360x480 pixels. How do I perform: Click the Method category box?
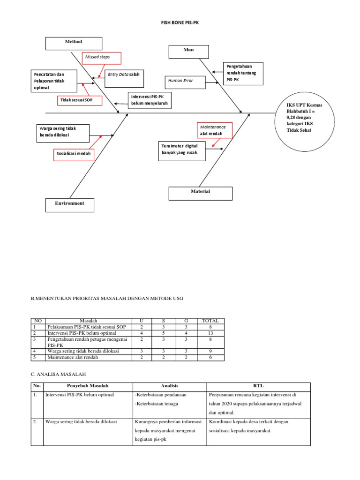tap(74, 43)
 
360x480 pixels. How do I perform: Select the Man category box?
tap(189, 51)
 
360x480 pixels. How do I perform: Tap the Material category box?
tap(200, 193)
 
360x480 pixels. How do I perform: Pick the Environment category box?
tap(70, 205)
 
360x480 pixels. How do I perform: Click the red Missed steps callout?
tap(101, 58)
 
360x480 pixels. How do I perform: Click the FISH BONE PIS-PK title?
tap(180, 22)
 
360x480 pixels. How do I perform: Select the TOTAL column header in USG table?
tap(210, 321)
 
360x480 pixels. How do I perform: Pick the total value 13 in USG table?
tap(210, 333)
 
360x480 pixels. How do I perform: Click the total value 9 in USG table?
tap(210, 351)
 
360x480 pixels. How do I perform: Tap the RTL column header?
tap(258, 386)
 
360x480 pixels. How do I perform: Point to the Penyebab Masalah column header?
tap(88, 386)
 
